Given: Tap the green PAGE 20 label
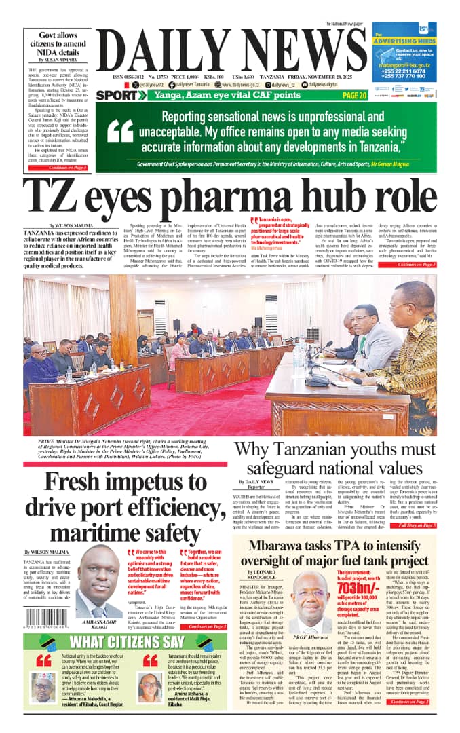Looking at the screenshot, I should [355, 96].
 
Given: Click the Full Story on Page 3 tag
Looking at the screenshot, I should [418, 525].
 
